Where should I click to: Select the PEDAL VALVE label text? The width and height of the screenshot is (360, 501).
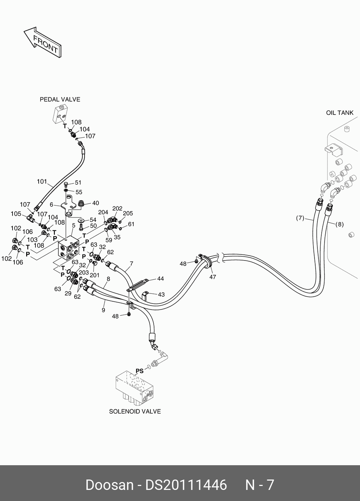click(60, 99)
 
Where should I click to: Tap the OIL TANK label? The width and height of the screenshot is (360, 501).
click(340, 113)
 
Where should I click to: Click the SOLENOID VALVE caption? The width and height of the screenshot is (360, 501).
click(135, 412)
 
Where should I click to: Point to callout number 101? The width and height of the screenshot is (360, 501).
click(42, 182)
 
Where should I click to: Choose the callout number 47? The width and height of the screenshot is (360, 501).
click(213, 277)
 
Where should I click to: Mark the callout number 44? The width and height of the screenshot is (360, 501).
click(160, 279)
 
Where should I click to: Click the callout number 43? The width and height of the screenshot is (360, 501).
click(161, 295)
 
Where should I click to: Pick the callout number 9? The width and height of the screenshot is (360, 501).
click(103, 310)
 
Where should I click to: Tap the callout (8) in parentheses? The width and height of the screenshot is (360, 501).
click(339, 225)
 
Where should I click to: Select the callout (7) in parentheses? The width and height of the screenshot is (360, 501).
click(300, 218)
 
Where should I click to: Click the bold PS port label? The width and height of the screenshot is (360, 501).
click(139, 371)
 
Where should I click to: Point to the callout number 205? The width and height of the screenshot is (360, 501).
click(128, 213)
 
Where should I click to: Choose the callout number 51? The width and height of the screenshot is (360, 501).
click(78, 183)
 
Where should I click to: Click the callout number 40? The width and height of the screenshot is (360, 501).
click(96, 203)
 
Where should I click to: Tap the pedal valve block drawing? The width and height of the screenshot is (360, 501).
click(60, 115)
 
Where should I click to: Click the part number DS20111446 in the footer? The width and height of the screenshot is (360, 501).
click(186, 485)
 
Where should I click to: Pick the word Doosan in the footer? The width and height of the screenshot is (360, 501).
click(109, 485)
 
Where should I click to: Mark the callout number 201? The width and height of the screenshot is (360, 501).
click(94, 275)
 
